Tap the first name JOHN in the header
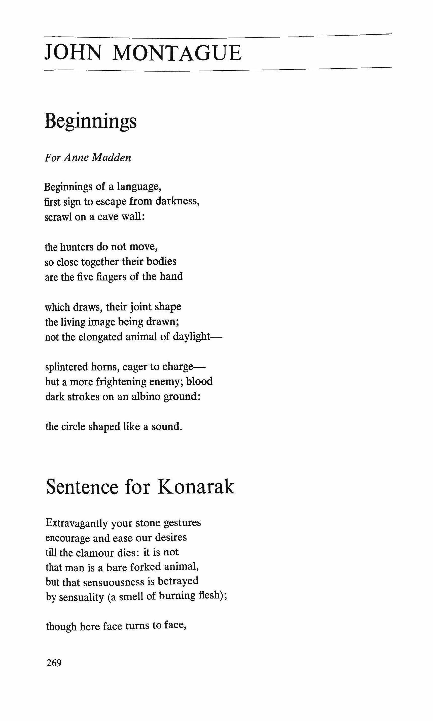pyautogui.click(x=73, y=53)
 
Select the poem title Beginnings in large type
pyautogui.click(x=90, y=121)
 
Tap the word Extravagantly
pyautogui.click(x=77, y=522)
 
